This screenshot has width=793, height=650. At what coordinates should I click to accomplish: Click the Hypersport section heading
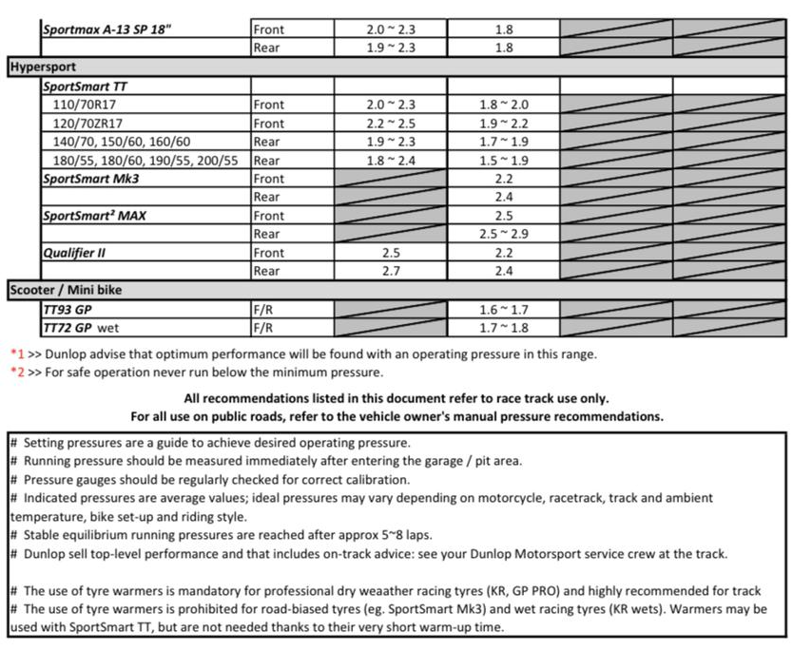click(43, 67)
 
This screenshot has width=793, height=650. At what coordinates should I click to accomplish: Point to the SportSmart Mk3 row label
click(96, 179)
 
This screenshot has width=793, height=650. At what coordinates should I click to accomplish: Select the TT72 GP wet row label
click(81, 328)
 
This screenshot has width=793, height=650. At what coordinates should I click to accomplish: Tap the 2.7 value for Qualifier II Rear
click(391, 271)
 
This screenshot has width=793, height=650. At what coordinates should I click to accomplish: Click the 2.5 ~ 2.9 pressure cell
click(504, 234)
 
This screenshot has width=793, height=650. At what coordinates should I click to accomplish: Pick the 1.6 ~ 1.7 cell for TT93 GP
click(504, 310)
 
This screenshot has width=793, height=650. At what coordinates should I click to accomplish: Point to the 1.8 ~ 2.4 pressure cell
click(391, 161)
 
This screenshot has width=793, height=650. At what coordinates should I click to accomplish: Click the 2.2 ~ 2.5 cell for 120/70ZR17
click(391, 124)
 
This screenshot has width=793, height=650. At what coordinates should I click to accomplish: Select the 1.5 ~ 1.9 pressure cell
click(504, 161)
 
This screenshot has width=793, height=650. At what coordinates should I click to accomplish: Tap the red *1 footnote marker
click(16, 354)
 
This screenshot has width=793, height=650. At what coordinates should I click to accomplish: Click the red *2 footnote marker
click(16, 373)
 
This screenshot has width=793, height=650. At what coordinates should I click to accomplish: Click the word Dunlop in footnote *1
click(70, 354)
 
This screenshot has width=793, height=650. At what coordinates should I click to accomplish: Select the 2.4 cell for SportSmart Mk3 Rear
click(504, 197)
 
